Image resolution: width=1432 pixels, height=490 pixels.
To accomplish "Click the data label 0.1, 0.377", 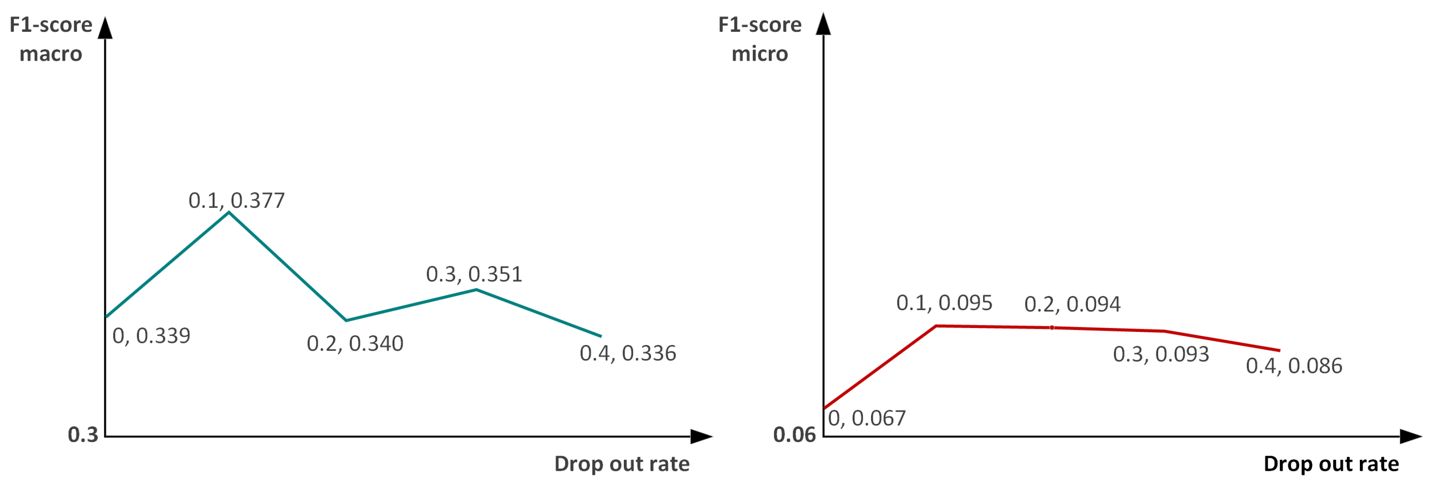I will pos(236,200).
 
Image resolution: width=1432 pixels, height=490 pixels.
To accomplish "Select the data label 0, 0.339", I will pos(151,335).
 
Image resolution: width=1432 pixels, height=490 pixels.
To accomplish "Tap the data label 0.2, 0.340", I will pos(355,343).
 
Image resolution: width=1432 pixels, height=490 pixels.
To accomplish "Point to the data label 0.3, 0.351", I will pos(474,274).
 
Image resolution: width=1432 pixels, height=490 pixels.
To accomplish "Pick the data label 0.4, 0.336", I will pos(628,353).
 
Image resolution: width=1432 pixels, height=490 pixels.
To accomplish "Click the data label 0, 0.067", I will pos(867,418).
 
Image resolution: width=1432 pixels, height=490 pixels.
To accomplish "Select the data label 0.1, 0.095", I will pos(944,303).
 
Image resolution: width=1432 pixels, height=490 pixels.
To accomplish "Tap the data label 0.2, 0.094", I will pos(1072,304).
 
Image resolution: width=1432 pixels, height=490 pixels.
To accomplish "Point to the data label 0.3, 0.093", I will pos(1161,354).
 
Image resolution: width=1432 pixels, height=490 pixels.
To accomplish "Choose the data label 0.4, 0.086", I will pos(1294,366).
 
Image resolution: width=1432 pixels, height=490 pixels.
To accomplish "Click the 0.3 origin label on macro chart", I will pos(83,435).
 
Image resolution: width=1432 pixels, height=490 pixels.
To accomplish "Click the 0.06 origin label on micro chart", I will pos(794,435).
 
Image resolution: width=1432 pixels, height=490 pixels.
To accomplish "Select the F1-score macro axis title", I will pos(51,39).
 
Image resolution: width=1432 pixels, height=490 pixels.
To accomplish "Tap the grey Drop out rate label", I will pos(622,463).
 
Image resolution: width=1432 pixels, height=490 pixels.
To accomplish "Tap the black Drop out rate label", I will pos(1331,463).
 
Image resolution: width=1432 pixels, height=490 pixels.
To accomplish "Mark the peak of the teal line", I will pos(229,212).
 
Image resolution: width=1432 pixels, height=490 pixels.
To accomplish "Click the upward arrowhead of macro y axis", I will pos(105,28).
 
